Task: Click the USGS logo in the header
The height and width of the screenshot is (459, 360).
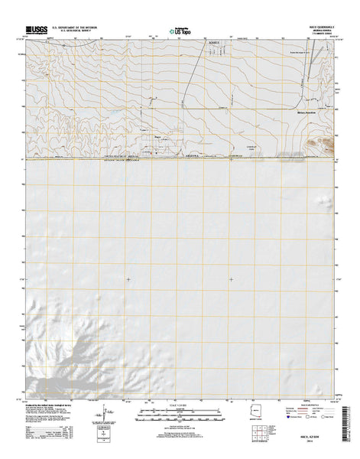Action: (x=39, y=27)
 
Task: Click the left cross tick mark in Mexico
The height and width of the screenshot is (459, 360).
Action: (x=128, y=279)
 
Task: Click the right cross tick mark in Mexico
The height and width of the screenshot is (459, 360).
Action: (x=230, y=279)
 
